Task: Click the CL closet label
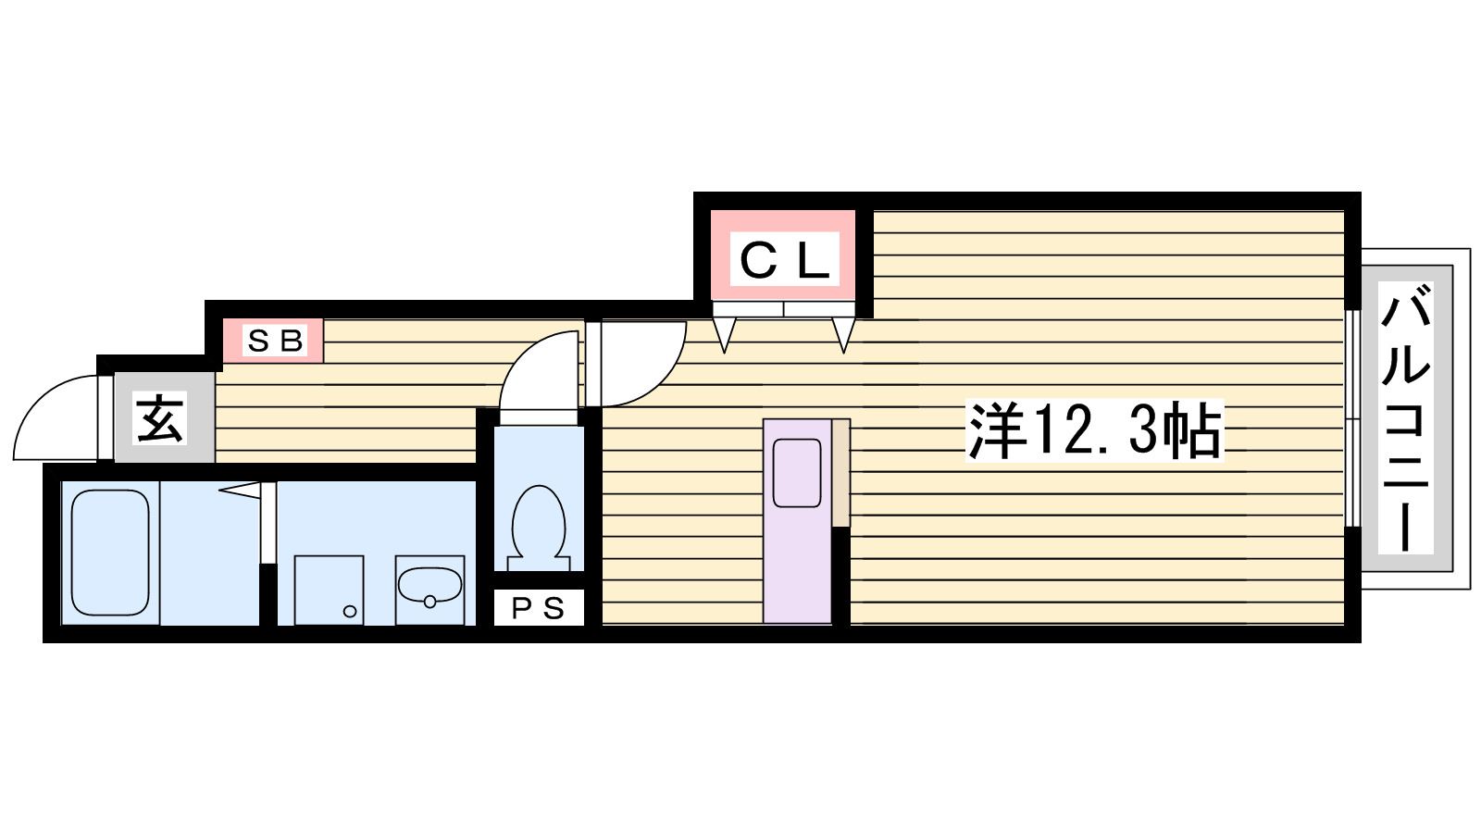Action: click(784, 260)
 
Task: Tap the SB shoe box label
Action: click(274, 341)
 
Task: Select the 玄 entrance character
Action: click(160, 418)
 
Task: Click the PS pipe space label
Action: click(538, 608)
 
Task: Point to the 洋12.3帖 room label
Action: click(1094, 430)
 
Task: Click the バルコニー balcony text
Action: click(1405, 418)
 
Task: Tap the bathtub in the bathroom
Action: click(110, 553)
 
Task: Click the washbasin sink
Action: click(429, 586)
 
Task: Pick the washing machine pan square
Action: click(329, 590)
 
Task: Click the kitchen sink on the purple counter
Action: click(797, 473)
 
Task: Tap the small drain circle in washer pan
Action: click(350, 611)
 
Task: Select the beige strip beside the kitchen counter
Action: click(840, 473)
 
